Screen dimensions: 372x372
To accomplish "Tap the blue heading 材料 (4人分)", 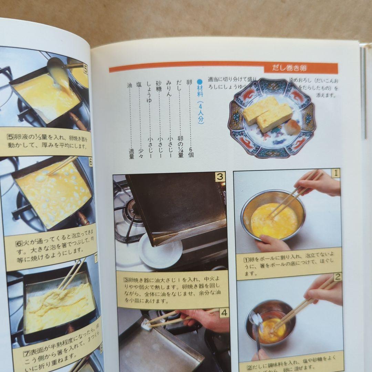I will click(x=200, y=102).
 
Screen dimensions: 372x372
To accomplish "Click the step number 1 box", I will click(x=335, y=173).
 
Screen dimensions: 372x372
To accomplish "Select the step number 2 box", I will click(x=337, y=276).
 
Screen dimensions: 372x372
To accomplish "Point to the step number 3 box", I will click(x=220, y=177).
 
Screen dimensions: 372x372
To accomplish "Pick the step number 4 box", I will click(x=224, y=313).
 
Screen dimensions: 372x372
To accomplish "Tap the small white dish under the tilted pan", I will click(x=160, y=251).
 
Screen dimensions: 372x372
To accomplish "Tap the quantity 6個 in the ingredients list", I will click(x=190, y=152).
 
